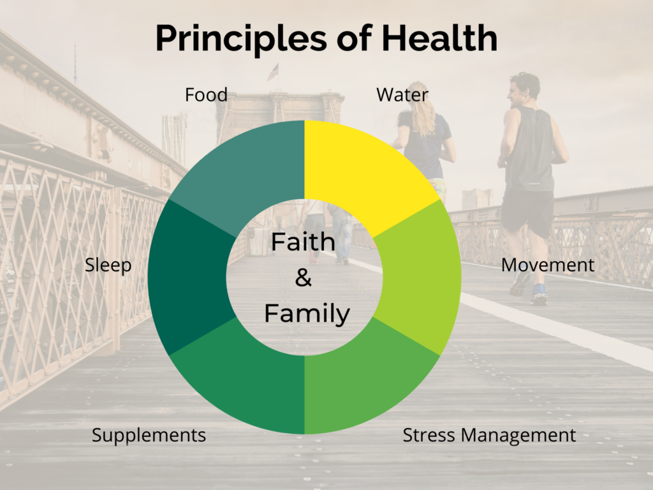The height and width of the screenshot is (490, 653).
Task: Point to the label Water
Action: tap(402, 95)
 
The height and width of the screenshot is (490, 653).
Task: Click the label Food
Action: tap(206, 95)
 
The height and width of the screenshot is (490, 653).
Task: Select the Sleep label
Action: tap(108, 265)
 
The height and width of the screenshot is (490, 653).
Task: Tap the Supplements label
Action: tap(149, 436)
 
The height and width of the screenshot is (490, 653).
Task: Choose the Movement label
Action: tap(547, 265)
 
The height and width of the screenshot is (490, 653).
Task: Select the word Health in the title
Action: tap(439, 38)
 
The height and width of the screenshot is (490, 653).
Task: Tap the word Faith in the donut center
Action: tap(304, 242)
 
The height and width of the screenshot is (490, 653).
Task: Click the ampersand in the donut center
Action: tap(304, 278)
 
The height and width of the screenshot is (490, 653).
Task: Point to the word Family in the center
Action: tap(307, 314)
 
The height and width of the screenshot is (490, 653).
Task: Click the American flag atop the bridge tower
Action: tap(273, 72)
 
